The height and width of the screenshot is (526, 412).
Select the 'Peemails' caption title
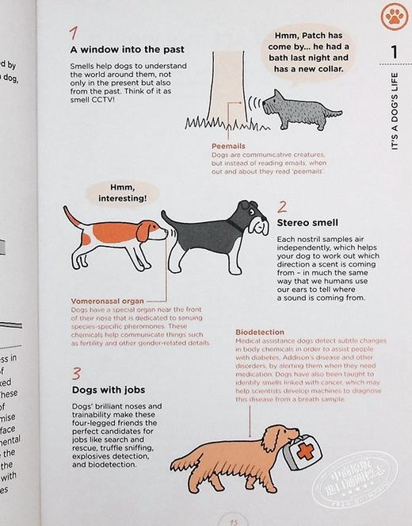coord(227,146)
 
